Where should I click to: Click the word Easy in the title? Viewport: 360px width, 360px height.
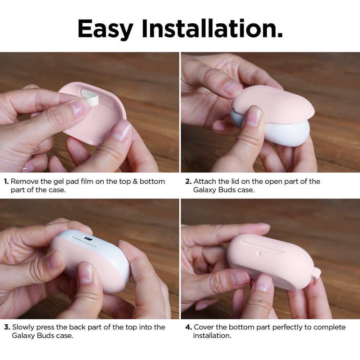tap(105, 29)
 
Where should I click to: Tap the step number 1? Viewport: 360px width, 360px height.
tap(6, 181)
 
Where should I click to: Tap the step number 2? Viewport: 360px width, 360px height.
tap(189, 181)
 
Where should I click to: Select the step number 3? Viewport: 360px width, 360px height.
tap(7, 327)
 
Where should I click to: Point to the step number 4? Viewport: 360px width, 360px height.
tap(189, 327)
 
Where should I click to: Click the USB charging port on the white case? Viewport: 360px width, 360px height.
tap(88, 239)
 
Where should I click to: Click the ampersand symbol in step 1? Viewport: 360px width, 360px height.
tap(135, 181)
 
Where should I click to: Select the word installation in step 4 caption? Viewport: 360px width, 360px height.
tap(212, 336)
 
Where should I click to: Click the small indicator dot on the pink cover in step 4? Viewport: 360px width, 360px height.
tap(259, 253)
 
